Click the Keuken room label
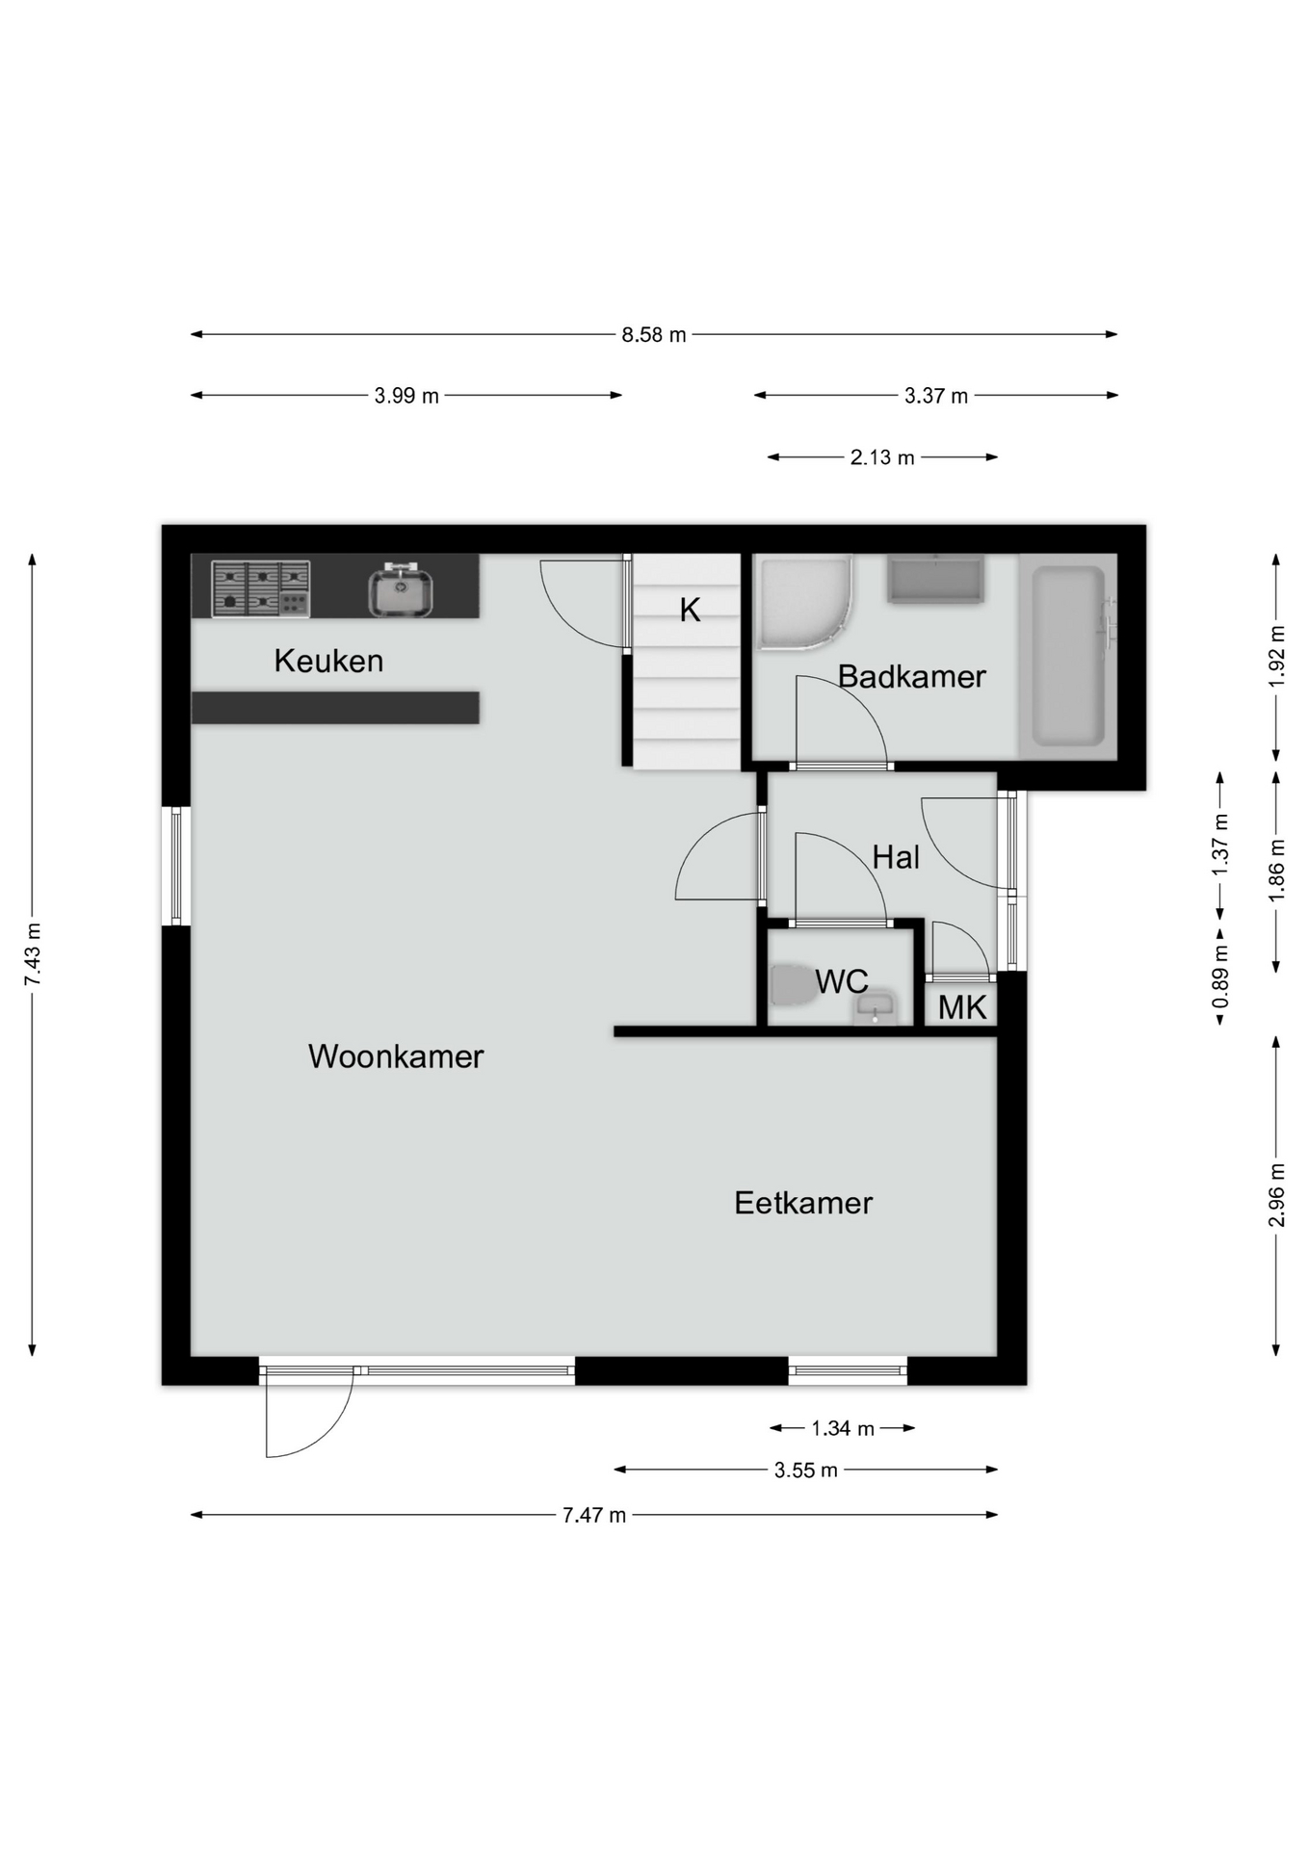tap(328, 661)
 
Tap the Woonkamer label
tap(396, 1056)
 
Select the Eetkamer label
tap(803, 1203)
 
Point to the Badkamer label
tap(911, 676)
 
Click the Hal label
tap(896, 857)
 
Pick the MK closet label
tap(962, 1007)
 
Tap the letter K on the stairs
tap(690, 610)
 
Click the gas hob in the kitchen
tap(260, 588)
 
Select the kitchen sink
tap(401, 590)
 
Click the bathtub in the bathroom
tap(1068, 656)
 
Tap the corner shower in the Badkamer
tap(804, 603)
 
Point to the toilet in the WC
tap(793, 984)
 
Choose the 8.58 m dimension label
tap(654, 335)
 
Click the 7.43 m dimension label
tap(33, 953)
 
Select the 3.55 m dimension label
tap(806, 1470)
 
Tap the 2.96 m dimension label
tap(1276, 1195)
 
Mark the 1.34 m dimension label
tap(843, 1428)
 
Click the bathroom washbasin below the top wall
tap(935, 580)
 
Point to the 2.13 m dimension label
tap(882, 457)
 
